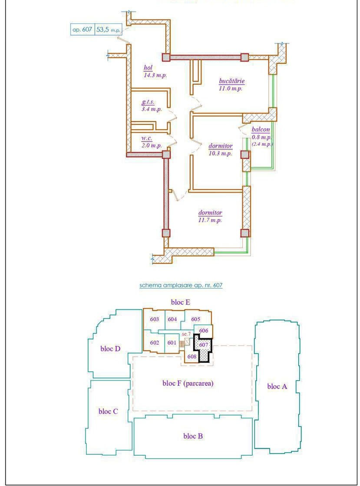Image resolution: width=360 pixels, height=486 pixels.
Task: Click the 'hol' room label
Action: coord(148,68)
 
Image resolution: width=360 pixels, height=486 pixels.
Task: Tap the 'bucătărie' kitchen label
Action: coord(231,81)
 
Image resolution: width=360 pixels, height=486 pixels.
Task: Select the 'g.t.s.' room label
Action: coord(148,102)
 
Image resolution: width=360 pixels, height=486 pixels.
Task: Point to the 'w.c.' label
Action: coord(147,138)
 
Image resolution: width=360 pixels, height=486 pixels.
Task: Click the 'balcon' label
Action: coord(261,130)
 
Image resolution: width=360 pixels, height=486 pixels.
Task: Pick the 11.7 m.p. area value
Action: coord(210,220)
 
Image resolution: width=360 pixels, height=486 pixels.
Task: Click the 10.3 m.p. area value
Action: coord(220,154)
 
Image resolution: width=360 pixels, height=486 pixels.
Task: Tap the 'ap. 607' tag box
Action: coord(83,30)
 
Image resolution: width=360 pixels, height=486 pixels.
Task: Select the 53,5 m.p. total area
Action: coord(108,30)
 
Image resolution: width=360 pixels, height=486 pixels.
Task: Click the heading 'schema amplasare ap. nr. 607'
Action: coord(181,285)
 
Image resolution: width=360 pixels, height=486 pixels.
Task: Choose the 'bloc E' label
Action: coord(181,302)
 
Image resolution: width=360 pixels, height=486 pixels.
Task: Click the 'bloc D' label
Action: coord(110,349)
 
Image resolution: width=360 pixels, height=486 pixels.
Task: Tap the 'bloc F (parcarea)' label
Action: coord(188,384)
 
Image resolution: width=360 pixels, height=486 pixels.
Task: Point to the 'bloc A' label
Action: coord(277,387)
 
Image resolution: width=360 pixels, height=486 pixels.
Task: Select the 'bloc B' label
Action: coord(193,436)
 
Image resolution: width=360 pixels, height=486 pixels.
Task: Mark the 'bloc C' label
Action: coord(108,411)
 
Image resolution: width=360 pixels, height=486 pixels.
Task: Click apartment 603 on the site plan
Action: coord(155,319)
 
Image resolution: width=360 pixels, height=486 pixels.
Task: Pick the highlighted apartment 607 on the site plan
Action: coord(203,345)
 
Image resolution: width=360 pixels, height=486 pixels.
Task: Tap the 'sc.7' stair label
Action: coord(186,334)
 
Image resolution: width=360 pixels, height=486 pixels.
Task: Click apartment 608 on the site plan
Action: coord(192,356)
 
